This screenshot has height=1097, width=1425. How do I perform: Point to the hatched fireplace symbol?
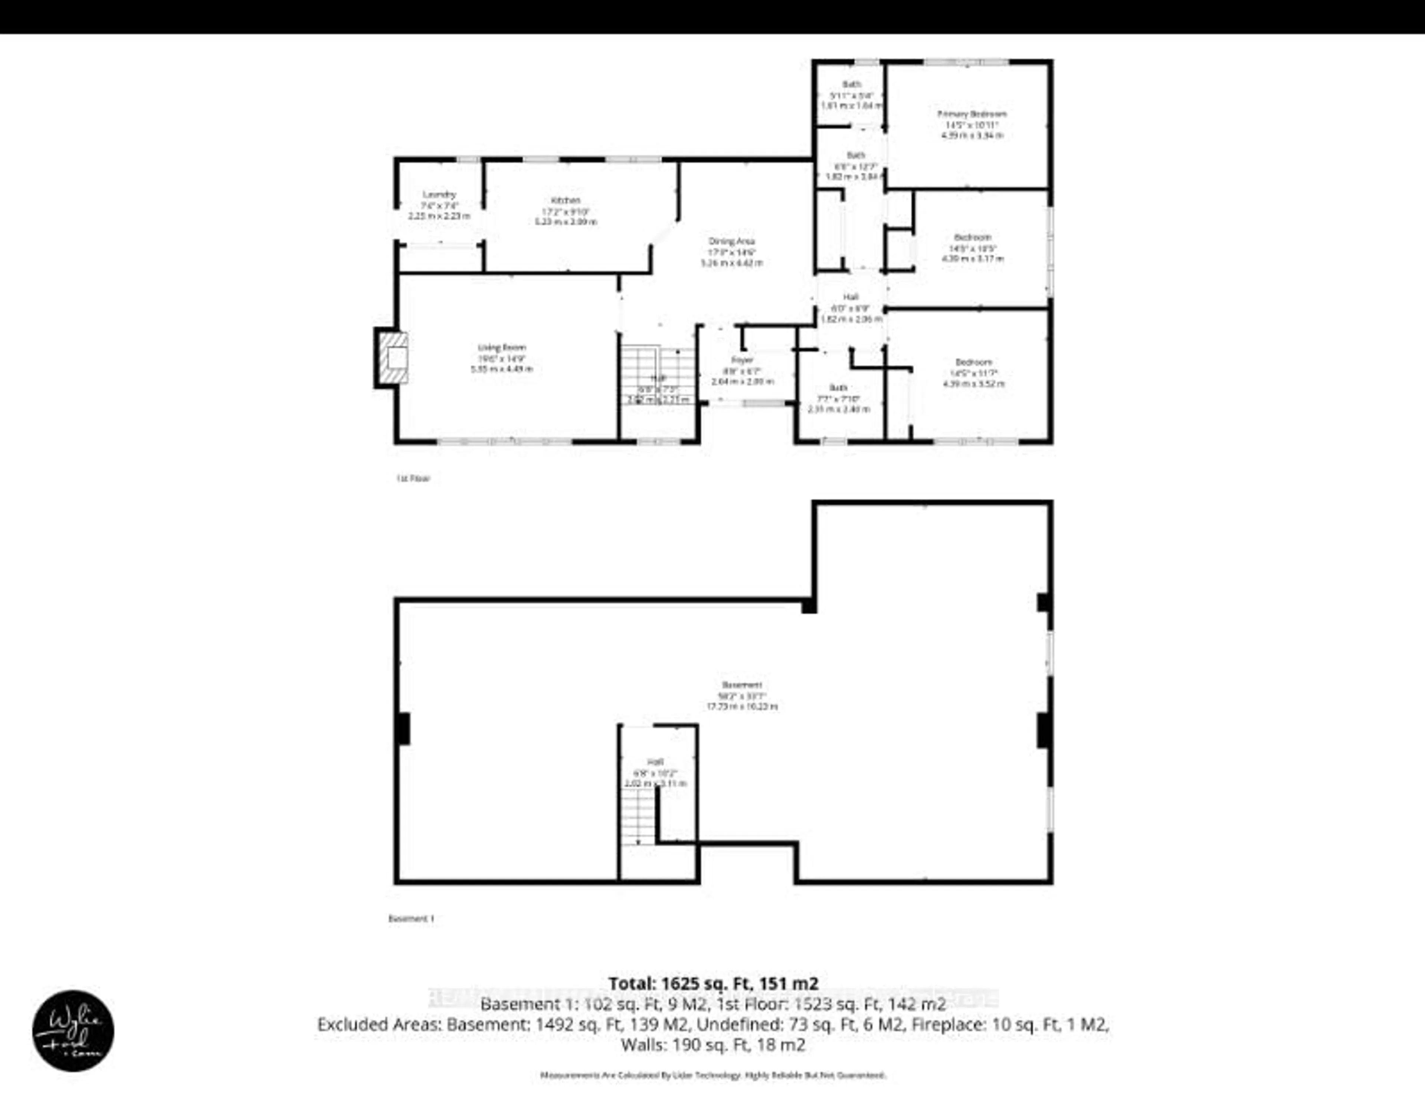coord(394,358)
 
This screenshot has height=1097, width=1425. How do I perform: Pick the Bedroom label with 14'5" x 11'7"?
coord(973,373)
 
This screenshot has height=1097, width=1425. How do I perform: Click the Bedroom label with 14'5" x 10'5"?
coord(972,248)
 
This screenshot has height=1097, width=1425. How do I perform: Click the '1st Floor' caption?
coord(413,478)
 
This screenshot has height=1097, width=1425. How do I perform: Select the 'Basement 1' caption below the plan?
coord(411,918)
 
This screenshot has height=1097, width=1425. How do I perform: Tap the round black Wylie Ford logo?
coord(73,1031)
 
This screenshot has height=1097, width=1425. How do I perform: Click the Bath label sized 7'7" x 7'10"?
coord(838,398)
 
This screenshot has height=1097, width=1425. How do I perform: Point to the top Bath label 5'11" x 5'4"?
coord(851,95)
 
